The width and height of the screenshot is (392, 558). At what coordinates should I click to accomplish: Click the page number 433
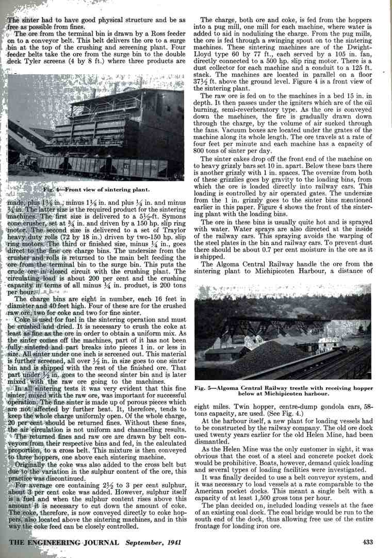[367, 542]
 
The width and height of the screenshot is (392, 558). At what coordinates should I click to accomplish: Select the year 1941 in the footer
[177, 542]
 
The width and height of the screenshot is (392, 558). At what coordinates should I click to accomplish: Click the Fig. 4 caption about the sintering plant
[96, 189]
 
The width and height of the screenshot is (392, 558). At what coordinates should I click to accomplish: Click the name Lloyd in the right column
[214, 53]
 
